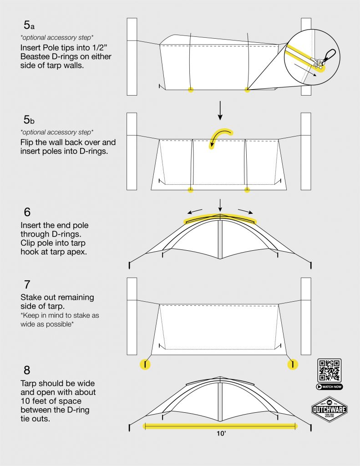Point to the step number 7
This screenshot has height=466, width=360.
(27, 285)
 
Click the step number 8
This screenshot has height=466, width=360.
(27, 370)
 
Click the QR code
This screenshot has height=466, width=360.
(329, 370)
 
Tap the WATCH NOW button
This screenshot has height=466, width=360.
(329, 387)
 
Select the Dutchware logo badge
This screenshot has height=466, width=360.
(329, 409)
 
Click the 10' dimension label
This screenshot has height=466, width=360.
(221, 434)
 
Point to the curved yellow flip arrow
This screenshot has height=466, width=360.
(220, 137)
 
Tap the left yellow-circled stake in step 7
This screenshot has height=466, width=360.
(145, 364)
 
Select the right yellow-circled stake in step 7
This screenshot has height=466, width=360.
(292, 364)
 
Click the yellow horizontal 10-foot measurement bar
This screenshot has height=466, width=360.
(221, 426)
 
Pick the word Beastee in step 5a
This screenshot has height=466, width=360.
(36, 57)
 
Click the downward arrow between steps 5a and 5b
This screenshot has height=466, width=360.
(220, 111)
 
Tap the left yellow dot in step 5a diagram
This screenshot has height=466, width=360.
(191, 90)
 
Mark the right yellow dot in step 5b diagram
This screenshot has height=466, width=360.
(247, 189)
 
